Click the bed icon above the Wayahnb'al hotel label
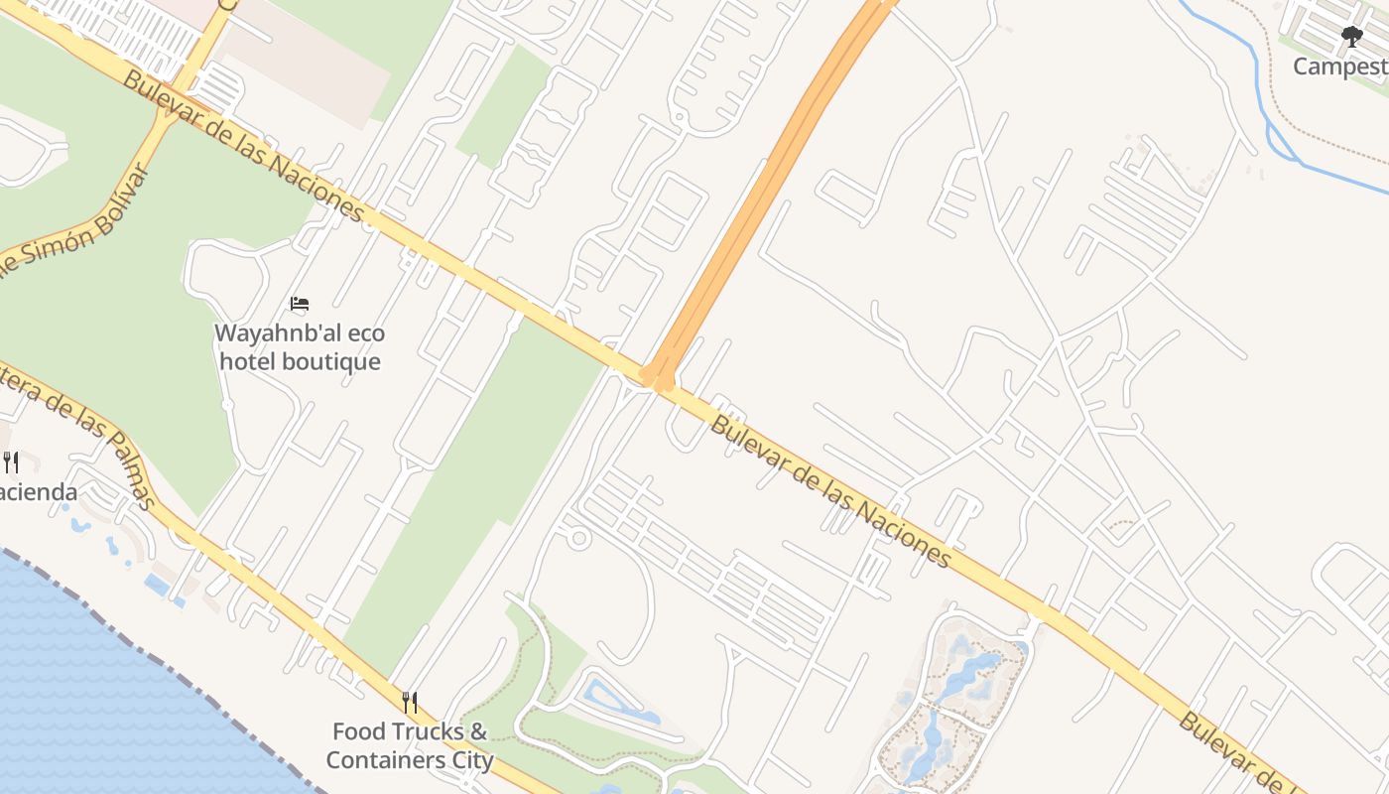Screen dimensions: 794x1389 click(x=300, y=304)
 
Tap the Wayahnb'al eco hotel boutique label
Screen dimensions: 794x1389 click(x=300, y=347)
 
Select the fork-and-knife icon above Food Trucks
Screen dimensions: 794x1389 click(x=410, y=703)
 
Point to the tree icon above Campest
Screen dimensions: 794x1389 click(x=1351, y=38)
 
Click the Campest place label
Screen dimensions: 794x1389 click(x=1339, y=66)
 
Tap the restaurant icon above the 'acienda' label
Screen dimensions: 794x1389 click(x=11, y=462)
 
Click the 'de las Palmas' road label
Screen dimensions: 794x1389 click(x=84, y=442)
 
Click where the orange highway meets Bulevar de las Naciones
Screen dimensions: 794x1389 click(x=657, y=378)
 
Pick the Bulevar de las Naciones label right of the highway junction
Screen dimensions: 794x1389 click(x=830, y=492)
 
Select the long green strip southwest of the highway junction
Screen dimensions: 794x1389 click(x=476, y=486)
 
